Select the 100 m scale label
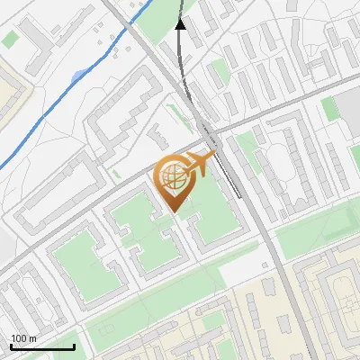(22, 338)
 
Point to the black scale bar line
(42, 346)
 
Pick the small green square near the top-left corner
(10, 40)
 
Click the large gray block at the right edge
(351, 108)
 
